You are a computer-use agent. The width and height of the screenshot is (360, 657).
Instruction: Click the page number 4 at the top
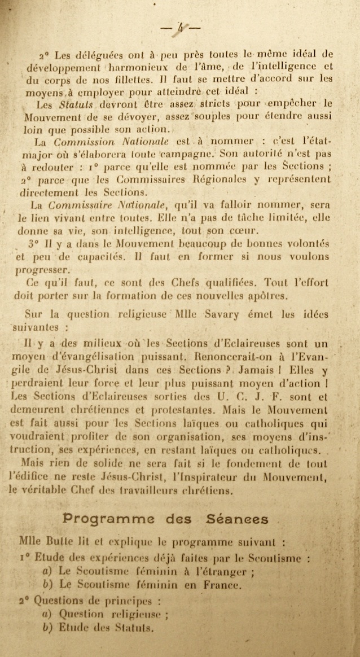pyautogui.click(x=180, y=27)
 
